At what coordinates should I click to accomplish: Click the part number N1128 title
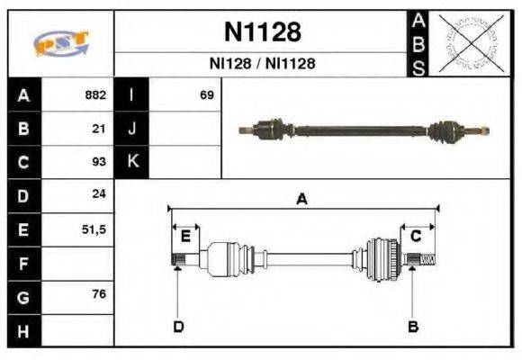pyautogui.click(x=261, y=32)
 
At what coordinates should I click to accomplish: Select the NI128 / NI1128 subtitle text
pyautogui.click(x=261, y=64)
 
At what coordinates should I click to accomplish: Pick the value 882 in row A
pyautogui.click(x=95, y=94)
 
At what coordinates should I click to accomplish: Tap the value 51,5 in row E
pyautogui.click(x=94, y=229)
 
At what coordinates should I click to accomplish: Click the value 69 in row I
pyautogui.click(x=207, y=94)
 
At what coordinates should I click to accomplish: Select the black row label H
pyautogui.click(x=22, y=331)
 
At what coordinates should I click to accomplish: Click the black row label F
pyautogui.click(x=22, y=264)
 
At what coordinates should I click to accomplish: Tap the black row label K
pyautogui.click(x=131, y=162)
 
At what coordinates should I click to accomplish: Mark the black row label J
pyautogui.click(x=131, y=129)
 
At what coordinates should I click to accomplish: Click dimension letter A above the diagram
pyautogui.click(x=302, y=200)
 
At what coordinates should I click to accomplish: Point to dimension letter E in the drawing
pyautogui.click(x=185, y=237)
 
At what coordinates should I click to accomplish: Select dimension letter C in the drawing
pyautogui.click(x=416, y=236)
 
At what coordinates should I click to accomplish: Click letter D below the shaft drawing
pyautogui.click(x=178, y=326)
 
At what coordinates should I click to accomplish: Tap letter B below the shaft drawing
pyautogui.click(x=413, y=326)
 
